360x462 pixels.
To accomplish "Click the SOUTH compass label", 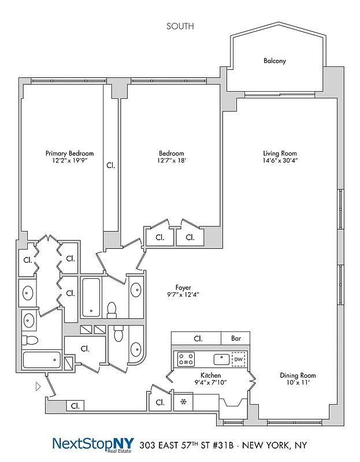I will pyautogui.click(x=180, y=26).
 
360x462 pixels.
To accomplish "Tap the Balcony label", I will pyautogui.click(x=274, y=61).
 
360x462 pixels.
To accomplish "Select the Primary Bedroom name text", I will pyautogui.click(x=69, y=153).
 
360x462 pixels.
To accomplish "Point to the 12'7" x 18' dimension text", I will pyautogui.click(x=172, y=162).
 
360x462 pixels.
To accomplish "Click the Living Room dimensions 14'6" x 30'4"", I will pyautogui.click(x=280, y=162).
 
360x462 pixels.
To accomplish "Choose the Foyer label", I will pyautogui.click(x=183, y=287).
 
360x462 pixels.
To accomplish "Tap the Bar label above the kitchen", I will pyautogui.click(x=236, y=338).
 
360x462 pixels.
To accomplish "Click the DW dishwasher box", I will pyautogui.click(x=239, y=359).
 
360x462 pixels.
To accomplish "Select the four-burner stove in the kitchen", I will pyautogui.click(x=185, y=360).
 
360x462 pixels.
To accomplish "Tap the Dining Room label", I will pyautogui.click(x=298, y=375).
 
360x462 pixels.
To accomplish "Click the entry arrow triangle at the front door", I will pyautogui.click(x=38, y=386).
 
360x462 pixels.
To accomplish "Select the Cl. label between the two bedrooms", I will pyautogui.click(x=110, y=165).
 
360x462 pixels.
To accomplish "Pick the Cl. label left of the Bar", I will pyautogui.click(x=198, y=338).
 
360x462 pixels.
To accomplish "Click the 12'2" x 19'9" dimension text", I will pyautogui.click(x=69, y=162).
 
